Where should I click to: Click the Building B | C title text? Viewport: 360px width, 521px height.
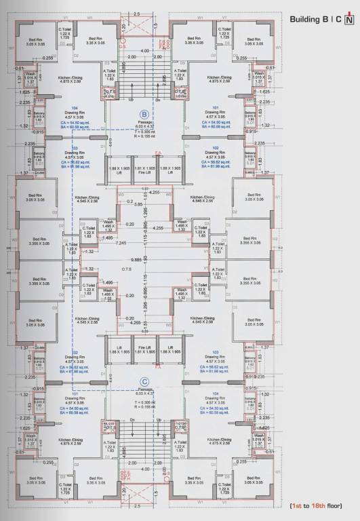pyautogui.click(x=315, y=20)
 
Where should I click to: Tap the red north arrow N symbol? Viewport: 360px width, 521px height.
pyautogui.click(x=349, y=20)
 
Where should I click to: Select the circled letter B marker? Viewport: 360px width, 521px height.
pyautogui.click(x=144, y=115)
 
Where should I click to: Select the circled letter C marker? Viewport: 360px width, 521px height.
pyautogui.click(x=144, y=382)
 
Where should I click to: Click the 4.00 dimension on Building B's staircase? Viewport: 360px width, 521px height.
pyautogui.click(x=144, y=51)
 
